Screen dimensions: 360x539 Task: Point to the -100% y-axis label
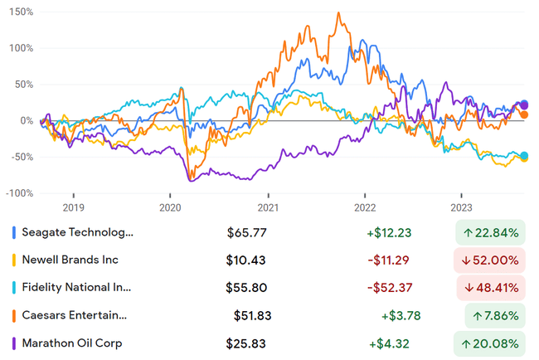[18, 193]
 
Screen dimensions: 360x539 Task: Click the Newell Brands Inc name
[71, 260]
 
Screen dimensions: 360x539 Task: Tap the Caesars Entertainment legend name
[80, 315]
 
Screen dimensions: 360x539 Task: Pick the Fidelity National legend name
[80, 288]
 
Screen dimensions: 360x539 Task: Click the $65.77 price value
[247, 232]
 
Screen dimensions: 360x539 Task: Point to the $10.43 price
[246, 260]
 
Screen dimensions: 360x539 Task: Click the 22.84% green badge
[490, 232]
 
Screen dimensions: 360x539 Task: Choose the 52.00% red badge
[490, 260]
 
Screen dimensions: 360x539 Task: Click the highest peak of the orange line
[338, 13]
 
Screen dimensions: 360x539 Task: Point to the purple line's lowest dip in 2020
[192, 180]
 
